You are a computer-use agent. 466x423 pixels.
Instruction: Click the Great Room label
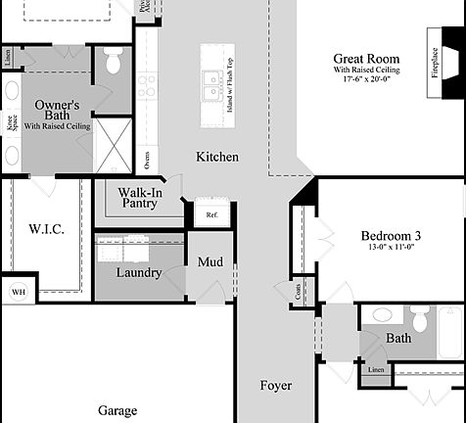[x=368, y=59]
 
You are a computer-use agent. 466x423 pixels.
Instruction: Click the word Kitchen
[x=217, y=157]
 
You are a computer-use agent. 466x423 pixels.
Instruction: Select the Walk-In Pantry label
[x=139, y=197]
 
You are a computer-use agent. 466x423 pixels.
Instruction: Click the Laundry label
[x=137, y=272]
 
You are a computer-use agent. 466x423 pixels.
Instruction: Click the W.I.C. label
[x=46, y=229]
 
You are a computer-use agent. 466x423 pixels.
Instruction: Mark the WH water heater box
[x=18, y=291]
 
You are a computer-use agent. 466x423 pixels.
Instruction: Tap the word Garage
[x=116, y=410]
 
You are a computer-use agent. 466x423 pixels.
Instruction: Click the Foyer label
[x=275, y=386]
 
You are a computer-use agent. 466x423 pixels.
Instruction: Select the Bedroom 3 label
[x=391, y=236]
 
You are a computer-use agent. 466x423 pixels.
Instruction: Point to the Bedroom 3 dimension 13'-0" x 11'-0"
[x=391, y=249]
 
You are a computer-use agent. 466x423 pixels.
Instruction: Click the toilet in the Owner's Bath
[x=111, y=64]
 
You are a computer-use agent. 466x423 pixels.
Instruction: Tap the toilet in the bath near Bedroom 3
[x=420, y=319]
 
